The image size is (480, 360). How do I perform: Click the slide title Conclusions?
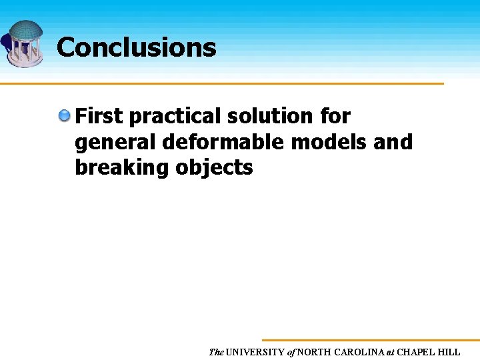tap(136, 47)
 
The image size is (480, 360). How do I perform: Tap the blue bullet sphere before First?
tap(64, 116)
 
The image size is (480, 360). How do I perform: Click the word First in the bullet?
tap(99, 116)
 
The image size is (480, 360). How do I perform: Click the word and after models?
tap(394, 141)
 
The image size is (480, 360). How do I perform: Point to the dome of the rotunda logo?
tap(25, 30)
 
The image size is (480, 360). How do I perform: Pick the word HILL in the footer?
tap(449, 352)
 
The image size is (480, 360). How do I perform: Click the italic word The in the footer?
tap(216, 352)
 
